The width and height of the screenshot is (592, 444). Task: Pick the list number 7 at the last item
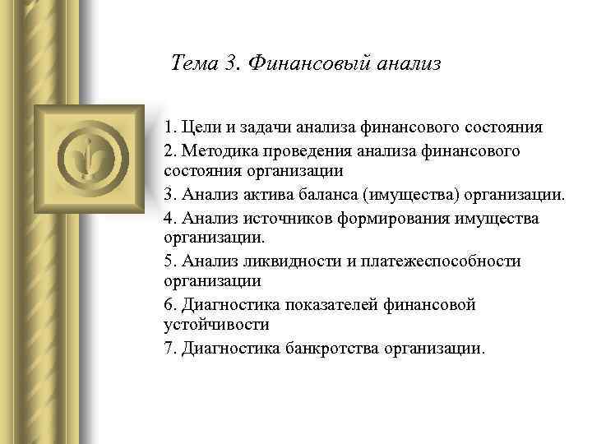coord(169,347)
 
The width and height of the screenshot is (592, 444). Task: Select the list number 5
coord(169,261)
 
